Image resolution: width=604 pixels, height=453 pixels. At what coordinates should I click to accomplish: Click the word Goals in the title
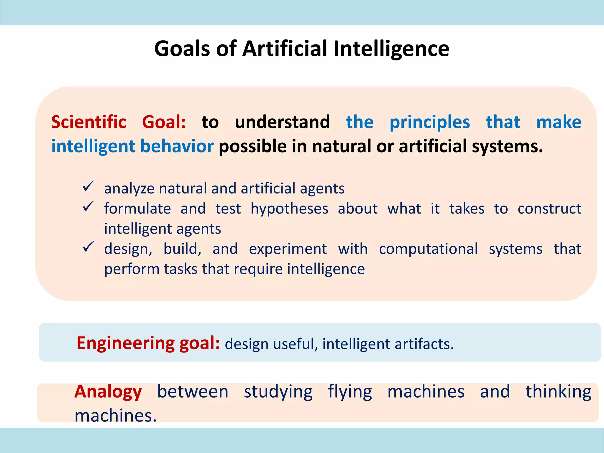(x=182, y=49)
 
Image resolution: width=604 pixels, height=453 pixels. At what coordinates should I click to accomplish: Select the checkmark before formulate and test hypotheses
(x=88, y=206)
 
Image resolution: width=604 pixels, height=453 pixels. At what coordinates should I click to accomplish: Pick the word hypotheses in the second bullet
(x=289, y=209)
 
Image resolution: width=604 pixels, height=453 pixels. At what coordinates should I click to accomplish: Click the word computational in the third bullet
(x=428, y=249)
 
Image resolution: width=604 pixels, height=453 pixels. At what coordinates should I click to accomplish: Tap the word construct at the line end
(x=549, y=209)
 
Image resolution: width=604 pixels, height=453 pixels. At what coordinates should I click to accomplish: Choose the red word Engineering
(x=126, y=343)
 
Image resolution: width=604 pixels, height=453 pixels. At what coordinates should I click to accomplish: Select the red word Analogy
(x=108, y=392)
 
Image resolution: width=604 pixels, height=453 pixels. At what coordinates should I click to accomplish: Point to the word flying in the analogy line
(x=350, y=392)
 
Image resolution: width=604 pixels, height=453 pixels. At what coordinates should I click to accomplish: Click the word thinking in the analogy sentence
(x=558, y=392)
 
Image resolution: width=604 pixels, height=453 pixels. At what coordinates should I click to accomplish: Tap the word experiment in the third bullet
(x=288, y=249)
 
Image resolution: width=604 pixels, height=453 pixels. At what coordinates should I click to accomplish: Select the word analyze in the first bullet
(x=129, y=189)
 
